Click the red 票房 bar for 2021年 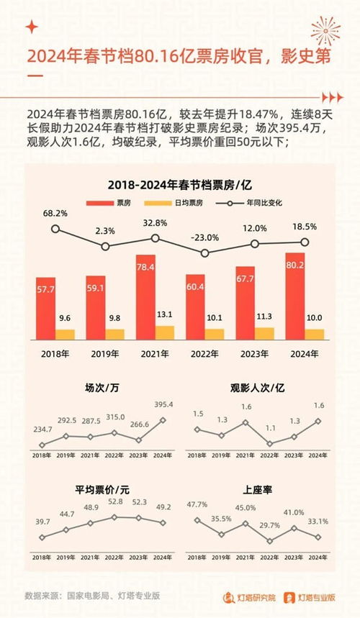(x=146, y=296)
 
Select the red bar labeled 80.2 (x=294, y=296)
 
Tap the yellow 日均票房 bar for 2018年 (x=66, y=334)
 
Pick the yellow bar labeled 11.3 (x=264, y=333)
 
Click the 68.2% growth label (x=55, y=214)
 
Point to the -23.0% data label (x=205, y=237)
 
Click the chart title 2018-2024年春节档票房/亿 (x=179, y=185)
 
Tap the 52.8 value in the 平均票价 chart (x=115, y=501)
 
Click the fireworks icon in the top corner (x=325, y=32)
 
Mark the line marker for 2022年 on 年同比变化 (x=205, y=253)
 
